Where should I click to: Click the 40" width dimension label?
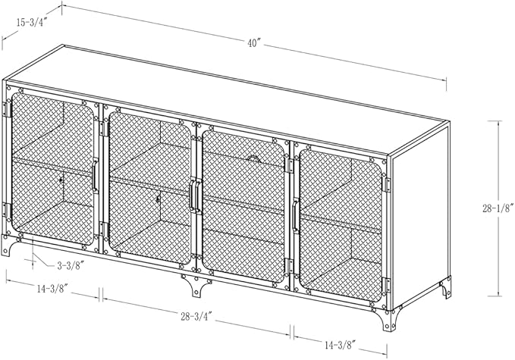(254, 43)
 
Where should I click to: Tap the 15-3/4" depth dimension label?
(32, 22)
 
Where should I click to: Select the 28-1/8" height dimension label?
(498, 208)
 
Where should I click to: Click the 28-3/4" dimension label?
(196, 316)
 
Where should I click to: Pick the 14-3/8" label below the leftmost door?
(52, 289)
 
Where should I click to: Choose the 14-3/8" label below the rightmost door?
(341, 345)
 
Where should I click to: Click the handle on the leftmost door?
(95, 176)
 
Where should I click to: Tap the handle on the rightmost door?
(295, 216)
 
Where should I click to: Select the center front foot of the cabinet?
(196, 285)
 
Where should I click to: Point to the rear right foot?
(446, 287)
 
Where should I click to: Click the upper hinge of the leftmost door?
(7, 109)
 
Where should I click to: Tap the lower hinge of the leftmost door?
(7, 211)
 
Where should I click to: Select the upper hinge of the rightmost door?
(388, 185)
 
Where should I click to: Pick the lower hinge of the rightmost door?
(387, 286)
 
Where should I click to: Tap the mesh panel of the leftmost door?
(52, 169)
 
